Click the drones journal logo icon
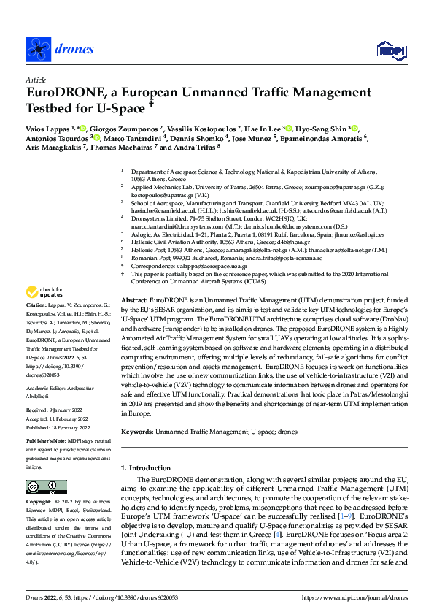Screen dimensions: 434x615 coord(36,48)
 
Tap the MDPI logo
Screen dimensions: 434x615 coord(388,49)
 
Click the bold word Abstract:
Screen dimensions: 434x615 coord(133,280)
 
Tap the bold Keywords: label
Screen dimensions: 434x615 coord(139,432)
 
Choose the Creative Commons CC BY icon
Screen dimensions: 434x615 coord(42,487)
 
